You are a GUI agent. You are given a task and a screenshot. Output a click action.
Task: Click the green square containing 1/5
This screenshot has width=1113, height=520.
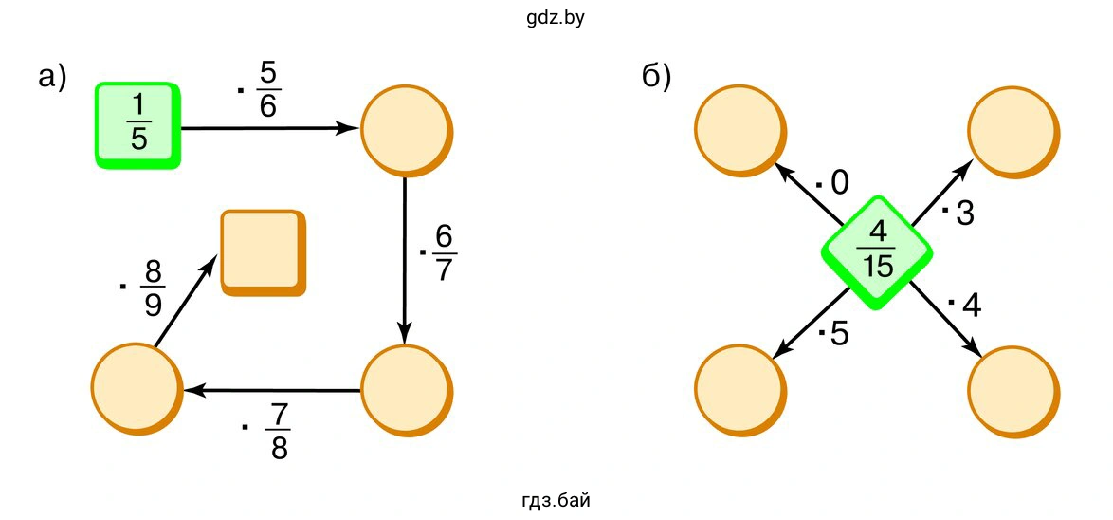[x=138, y=125]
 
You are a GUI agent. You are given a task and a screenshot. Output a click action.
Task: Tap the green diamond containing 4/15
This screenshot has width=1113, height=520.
[x=878, y=251]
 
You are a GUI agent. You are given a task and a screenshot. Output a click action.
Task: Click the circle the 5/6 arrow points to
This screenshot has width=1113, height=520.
[x=406, y=131]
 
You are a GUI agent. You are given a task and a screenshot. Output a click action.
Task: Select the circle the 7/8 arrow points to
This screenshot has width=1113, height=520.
[x=137, y=389]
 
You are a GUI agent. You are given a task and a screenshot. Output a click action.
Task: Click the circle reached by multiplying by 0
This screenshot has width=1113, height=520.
[x=739, y=131]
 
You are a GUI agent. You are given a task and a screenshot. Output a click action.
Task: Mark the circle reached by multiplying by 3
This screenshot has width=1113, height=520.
[x=1011, y=131]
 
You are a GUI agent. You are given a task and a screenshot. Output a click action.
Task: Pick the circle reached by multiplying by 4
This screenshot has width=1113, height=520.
[x=1011, y=391]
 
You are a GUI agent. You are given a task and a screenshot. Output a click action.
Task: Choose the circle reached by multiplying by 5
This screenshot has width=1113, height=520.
[x=739, y=391]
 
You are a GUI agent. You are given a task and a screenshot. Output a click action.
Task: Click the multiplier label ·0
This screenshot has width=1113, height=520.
[x=833, y=182]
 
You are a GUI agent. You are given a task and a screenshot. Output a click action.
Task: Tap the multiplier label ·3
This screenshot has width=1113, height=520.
[x=958, y=214]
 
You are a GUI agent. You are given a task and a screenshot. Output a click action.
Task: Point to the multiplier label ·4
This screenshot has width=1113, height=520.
[x=963, y=306]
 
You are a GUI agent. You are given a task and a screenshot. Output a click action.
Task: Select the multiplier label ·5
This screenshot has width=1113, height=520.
[x=833, y=334]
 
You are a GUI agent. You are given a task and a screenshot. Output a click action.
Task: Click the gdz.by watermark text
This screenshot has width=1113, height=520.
[x=556, y=15]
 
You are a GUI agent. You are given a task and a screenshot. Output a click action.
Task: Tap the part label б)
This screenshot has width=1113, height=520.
[x=657, y=78]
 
